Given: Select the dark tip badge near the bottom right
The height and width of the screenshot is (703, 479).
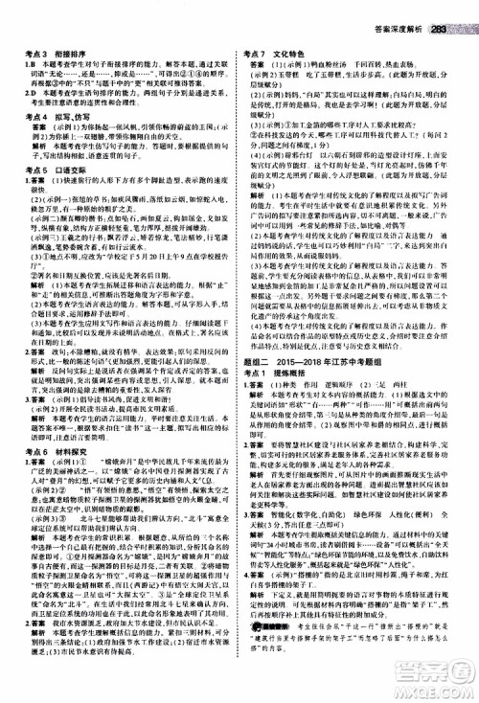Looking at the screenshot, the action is (270, 623).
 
